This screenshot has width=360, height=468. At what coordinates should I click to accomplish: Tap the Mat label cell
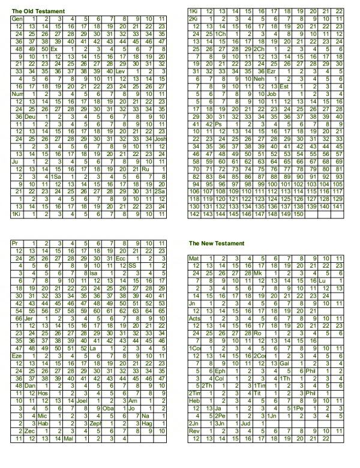click(194, 258)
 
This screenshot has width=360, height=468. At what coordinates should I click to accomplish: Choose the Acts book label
click(194, 318)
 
